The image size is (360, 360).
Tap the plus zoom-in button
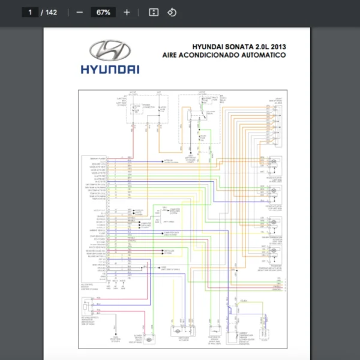tap(127, 12)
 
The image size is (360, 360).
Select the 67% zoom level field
tap(103, 12)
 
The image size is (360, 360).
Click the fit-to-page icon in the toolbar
tap(154, 12)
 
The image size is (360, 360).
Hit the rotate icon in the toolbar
tap(172, 12)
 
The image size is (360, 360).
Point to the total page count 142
tap(51, 12)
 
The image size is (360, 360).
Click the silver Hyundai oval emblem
tap(110, 50)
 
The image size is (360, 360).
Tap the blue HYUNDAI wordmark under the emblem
tap(110, 70)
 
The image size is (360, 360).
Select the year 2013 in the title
tap(277, 46)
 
